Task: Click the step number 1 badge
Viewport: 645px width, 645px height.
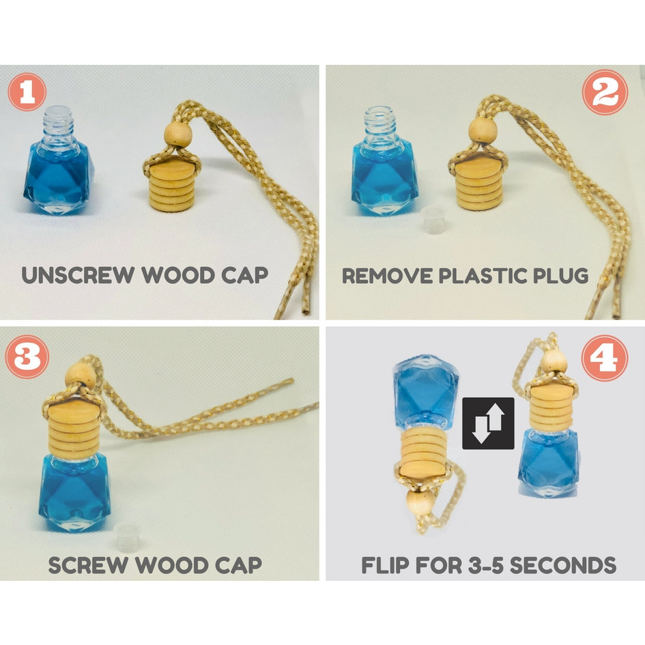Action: tap(27, 92)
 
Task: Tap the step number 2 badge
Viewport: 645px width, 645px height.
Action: tap(605, 92)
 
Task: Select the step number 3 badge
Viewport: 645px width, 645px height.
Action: tap(27, 357)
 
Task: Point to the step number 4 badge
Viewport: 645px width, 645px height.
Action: tap(605, 358)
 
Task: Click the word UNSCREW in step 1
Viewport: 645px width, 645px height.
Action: tap(78, 275)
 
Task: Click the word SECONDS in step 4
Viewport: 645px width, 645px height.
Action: tap(562, 565)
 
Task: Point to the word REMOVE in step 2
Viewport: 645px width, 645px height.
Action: tap(387, 276)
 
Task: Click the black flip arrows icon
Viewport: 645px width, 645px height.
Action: tap(488, 423)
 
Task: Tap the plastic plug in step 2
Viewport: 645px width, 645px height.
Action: tap(434, 220)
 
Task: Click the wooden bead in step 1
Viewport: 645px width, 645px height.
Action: tap(177, 134)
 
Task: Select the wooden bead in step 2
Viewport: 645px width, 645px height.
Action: tap(483, 130)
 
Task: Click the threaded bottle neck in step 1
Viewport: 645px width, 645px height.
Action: tap(58, 123)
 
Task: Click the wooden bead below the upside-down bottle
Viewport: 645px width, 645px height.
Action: tap(420, 502)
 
